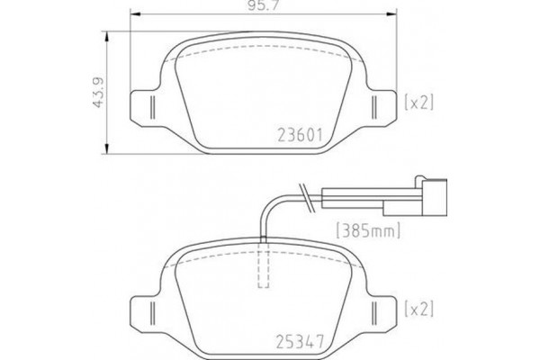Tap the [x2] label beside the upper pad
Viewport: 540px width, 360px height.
tap(420, 103)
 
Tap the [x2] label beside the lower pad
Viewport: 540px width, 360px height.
tap(420, 309)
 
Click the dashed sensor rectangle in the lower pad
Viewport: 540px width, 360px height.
tap(264, 266)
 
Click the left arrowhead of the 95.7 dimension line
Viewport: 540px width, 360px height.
tap(134, 13)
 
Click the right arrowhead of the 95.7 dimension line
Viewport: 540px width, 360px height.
tap(393, 13)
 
